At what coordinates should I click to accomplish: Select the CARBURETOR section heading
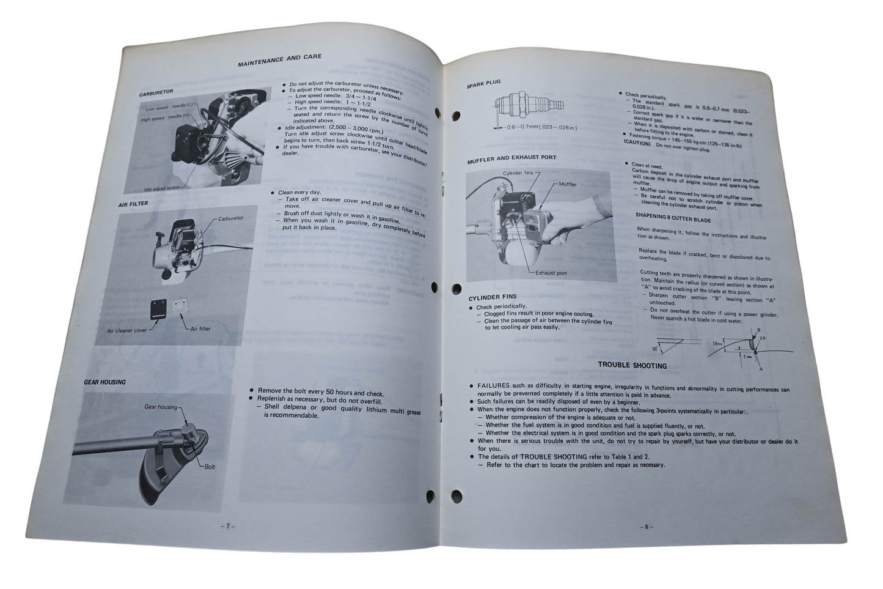(156, 92)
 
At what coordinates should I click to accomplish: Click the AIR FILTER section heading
(133, 204)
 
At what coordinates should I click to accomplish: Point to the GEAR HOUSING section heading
(104, 382)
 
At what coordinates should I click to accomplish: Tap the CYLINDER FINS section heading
(492, 297)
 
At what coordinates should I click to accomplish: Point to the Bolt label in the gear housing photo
(211, 467)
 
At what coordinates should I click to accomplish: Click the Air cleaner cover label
(126, 330)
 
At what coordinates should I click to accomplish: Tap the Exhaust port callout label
(551, 273)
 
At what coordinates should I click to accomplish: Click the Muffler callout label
(567, 183)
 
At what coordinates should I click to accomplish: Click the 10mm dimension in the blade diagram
(717, 345)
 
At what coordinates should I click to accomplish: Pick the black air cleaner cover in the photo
(159, 309)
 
